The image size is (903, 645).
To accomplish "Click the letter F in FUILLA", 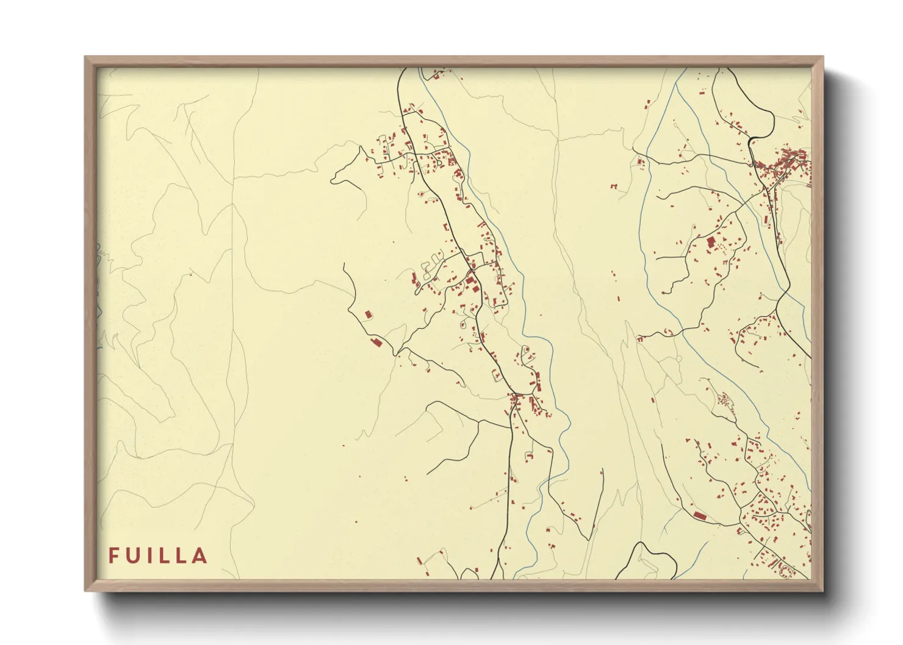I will pyautogui.click(x=114, y=555).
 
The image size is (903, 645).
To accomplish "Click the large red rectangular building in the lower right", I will pyautogui.click(x=700, y=516).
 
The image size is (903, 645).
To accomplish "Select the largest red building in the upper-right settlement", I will pyautogui.click(x=710, y=243).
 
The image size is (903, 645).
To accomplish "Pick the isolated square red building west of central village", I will pyautogui.click(x=368, y=315).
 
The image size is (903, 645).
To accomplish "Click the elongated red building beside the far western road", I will pyautogui.click(x=376, y=343).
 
